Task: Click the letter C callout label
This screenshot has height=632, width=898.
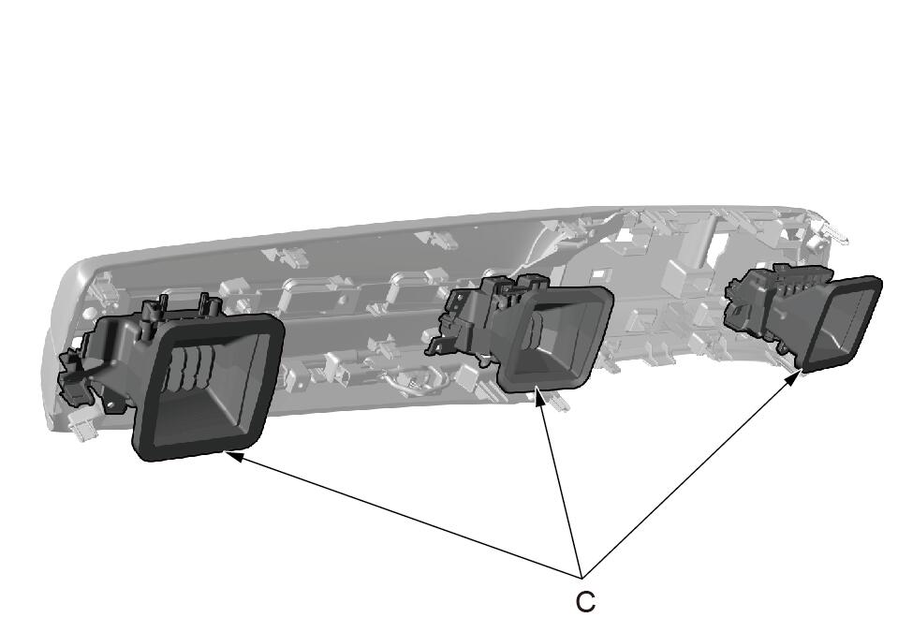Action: coord(584,602)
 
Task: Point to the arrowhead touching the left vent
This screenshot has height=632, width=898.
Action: coord(234,456)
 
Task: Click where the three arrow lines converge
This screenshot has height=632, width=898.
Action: coord(581,574)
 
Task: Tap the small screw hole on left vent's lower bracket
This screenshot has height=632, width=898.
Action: coord(110,404)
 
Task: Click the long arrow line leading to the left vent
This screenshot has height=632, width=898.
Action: coord(406,515)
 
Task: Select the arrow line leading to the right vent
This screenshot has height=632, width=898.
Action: coord(685,477)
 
